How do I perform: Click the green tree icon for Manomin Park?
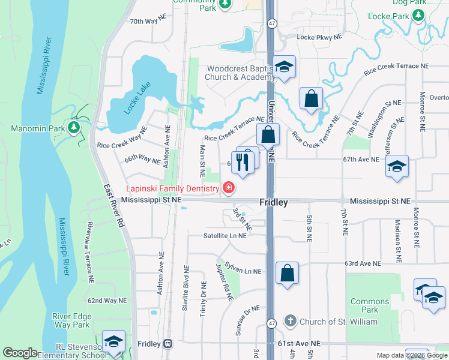[x=74, y=127]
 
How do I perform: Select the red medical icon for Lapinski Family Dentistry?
[x=228, y=188]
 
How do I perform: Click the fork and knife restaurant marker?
[x=242, y=163]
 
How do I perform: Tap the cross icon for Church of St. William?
[x=291, y=321]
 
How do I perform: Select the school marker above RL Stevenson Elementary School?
[x=113, y=341]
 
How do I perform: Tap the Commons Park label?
[x=370, y=305]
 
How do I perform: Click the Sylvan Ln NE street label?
[x=243, y=268]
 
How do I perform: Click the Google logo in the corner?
[x=20, y=353]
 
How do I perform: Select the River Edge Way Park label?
[x=71, y=320]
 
